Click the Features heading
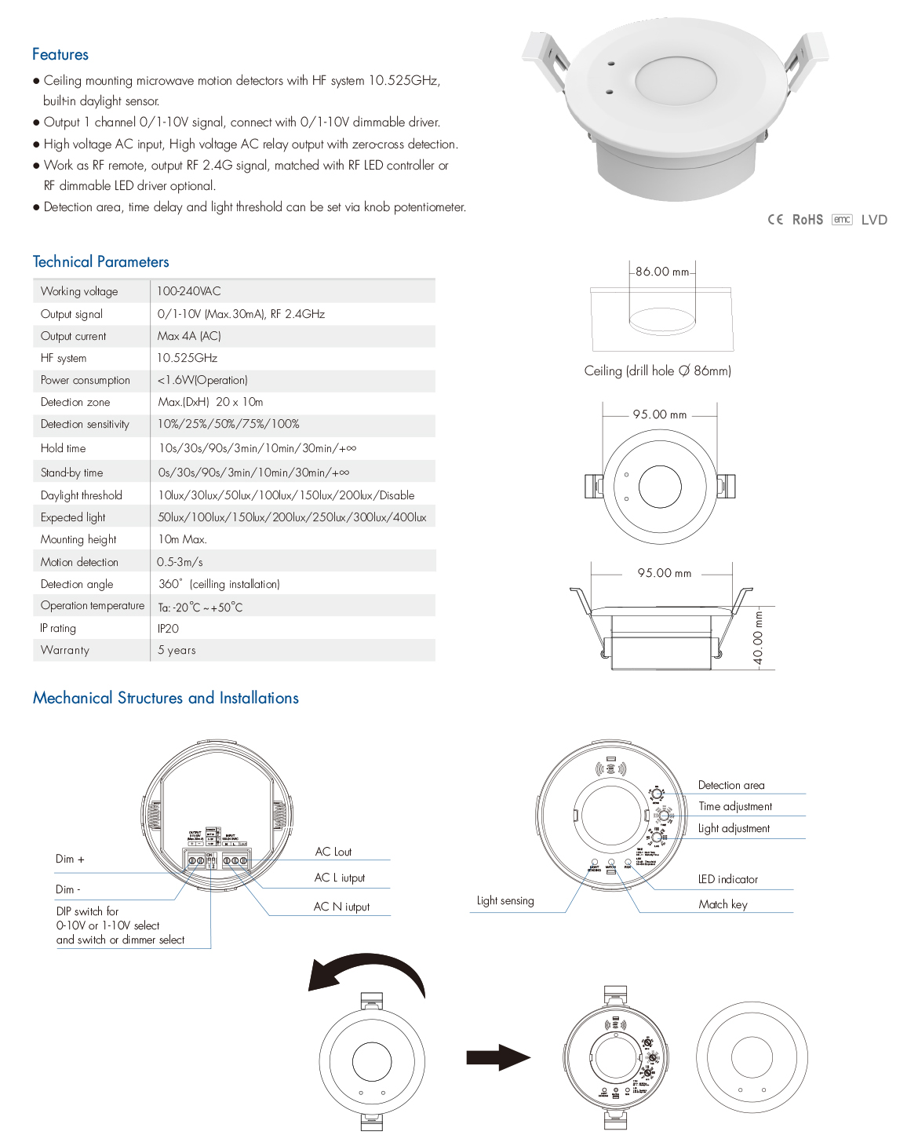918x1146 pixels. click(x=60, y=55)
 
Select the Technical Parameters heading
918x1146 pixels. click(x=101, y=262)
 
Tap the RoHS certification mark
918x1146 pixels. click(x=807, y=220)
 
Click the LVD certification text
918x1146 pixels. click(x=874, y=220)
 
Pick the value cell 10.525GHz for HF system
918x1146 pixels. click(x=188, y=358)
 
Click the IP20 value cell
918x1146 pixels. click(x=168, y=629)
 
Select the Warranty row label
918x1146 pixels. click(x=65, y=650)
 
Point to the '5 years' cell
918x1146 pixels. click(x=177, y=650)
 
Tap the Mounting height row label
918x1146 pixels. click(x=78, y=539)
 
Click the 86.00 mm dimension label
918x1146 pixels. click(x=662, y=272)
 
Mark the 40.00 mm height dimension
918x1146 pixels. click(x=758, y=637)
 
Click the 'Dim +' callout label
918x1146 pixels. click(x=70, y=859)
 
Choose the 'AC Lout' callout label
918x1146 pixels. click(x=333, y=852)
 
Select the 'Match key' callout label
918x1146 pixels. click(x=723, y=904)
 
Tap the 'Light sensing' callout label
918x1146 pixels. click(x=505, y=901)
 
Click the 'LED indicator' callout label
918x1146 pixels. click(x=728, y=879)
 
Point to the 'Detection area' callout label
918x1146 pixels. click(x=731, y=785)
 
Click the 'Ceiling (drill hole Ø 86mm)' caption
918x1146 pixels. click(x=658, y=370)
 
